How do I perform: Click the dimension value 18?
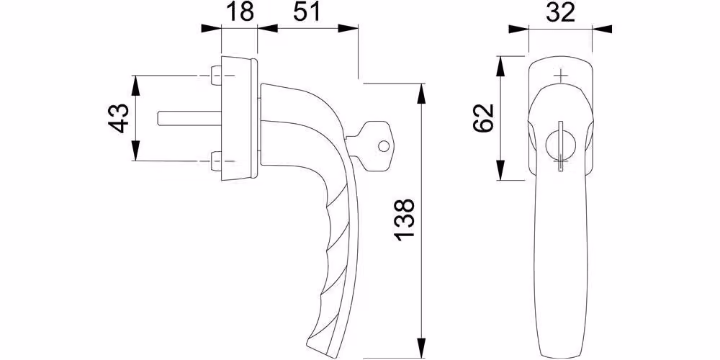240,12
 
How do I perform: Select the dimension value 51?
307,12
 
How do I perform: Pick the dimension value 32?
561,12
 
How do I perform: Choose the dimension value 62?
483,117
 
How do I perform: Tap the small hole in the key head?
384,146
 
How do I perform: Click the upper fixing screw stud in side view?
215,76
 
